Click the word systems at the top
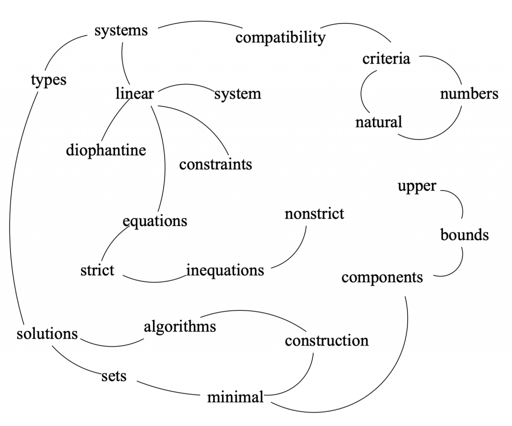point(121,30)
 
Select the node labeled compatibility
point(280,37)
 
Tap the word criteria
point(386,59)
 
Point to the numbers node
point(469,94)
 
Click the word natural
point(379,122)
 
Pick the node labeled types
point(48,80)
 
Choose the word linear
point(134,93)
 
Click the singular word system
point(237,94)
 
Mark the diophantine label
point(106,150)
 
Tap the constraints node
point(216,164)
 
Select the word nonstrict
point(314,214)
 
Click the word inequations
point(225,270)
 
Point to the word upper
point(417,186)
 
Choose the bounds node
point(464,234)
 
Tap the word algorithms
point(180,327)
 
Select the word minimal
point(235,397)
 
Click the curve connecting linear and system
point(185,84)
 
